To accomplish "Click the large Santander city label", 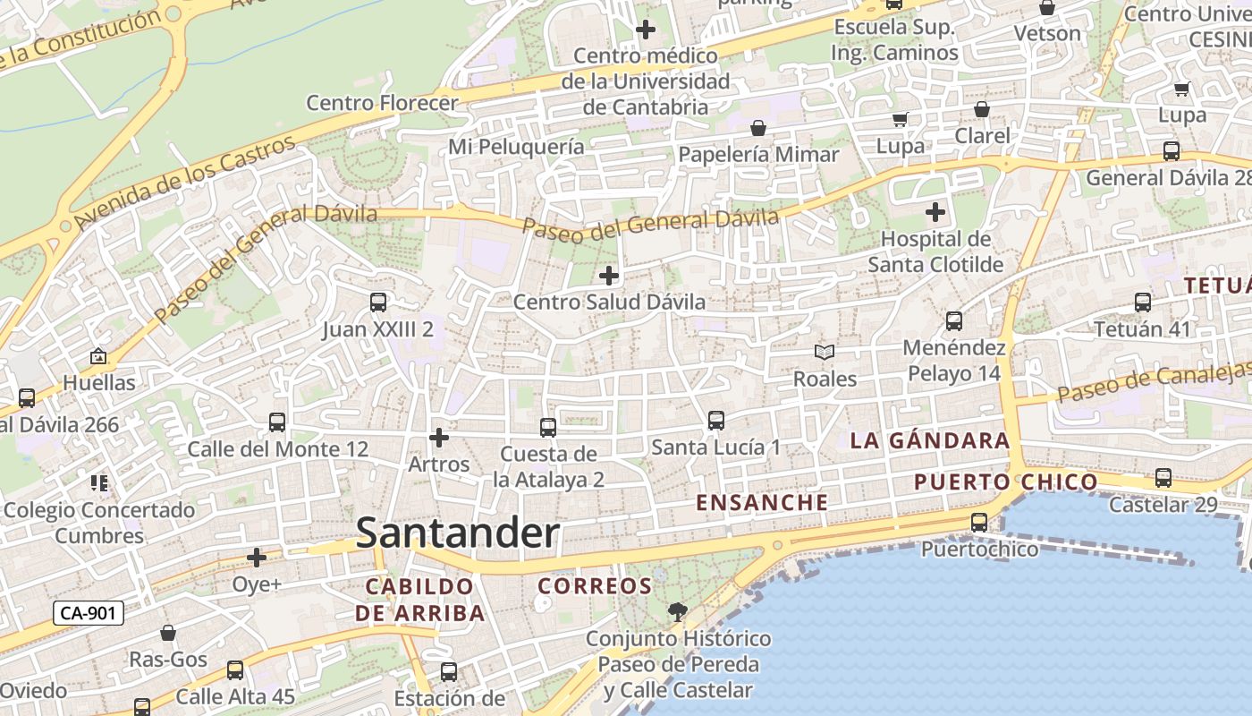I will click(x=458, y=533).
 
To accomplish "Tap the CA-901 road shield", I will click(x=89, y=613).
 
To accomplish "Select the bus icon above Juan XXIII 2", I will click(x=378, y=303).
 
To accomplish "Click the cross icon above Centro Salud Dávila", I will click(x=609, y=276).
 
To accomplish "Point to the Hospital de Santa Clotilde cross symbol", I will click(x=935, y=213).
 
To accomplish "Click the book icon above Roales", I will click(x=825, y=353).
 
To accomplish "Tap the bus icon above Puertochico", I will click(x=980, y=523).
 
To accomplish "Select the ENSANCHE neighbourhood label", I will click(x=762, y=502).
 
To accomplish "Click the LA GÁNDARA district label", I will click(x=930, y=440).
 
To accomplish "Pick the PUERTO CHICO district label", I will click(x=1006, y=482).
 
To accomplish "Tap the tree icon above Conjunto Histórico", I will click(x=678, y=612).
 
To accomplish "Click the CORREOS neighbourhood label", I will click(x=595, y=586).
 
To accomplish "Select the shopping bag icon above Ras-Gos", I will click(x=168, y=634).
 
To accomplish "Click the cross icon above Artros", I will click(x=439, y=438).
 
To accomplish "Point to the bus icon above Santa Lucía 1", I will click(x=715, y=420).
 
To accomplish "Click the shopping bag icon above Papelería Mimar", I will click(x=758, y=128).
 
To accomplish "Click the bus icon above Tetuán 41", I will click(x=1143, y=303).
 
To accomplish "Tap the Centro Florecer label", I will click(x=382, y=102).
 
